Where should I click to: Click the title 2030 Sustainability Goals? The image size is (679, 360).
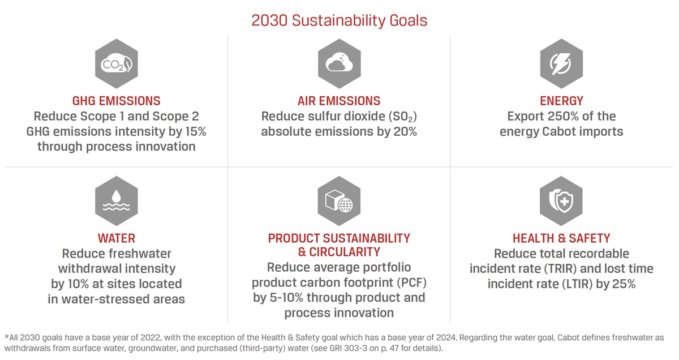(339, 20)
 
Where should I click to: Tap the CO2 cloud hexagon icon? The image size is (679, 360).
(116, 65)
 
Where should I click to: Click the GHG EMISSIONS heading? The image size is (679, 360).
(116, 101)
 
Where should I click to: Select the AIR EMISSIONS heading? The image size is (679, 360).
(339, 101)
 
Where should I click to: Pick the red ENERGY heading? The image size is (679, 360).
(561, 101)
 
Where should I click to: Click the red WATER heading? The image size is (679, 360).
(116, 238)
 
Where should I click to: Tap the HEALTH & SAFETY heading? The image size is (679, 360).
(561, 238)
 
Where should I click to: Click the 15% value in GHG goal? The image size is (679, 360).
(192, 131)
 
